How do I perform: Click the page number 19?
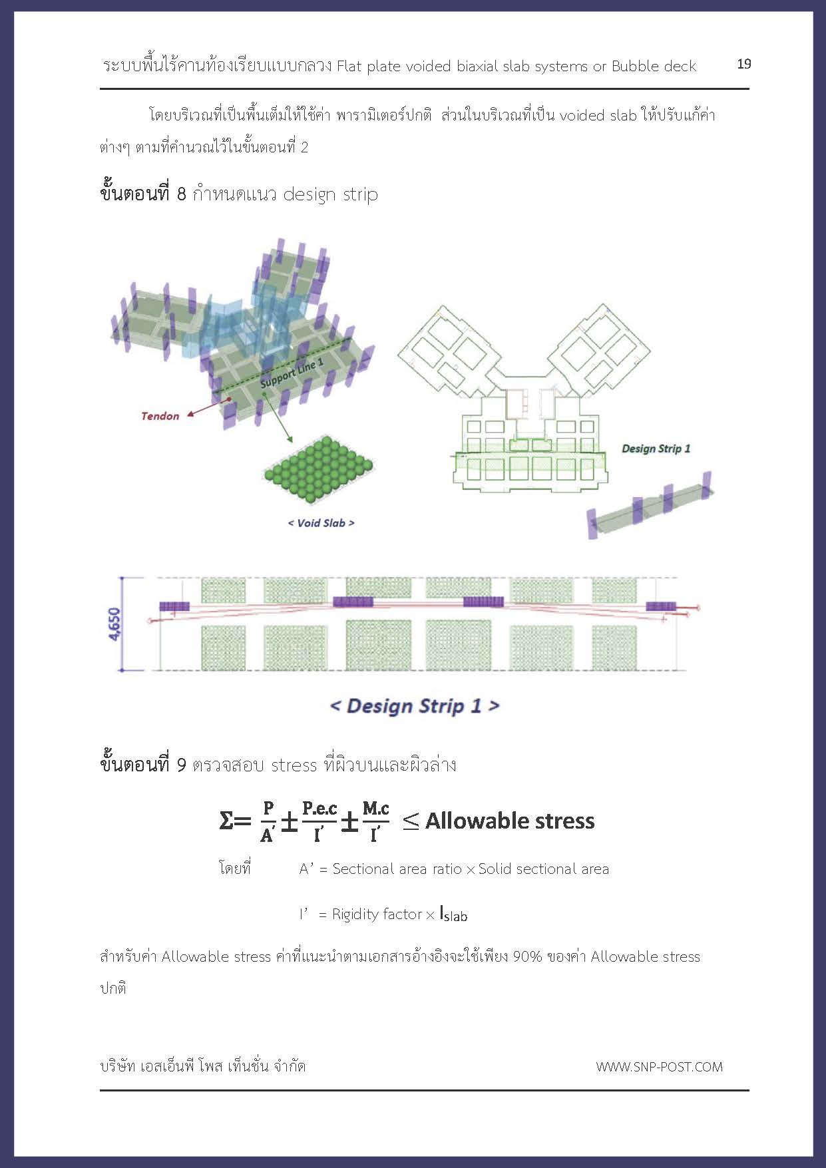[743, 64]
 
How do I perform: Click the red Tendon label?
[160, 416]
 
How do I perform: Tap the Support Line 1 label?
[292, 373]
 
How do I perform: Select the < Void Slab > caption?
[321, 523]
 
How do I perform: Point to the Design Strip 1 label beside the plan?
[656, 449]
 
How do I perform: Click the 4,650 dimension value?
[114, 624]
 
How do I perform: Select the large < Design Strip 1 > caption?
[414, 706]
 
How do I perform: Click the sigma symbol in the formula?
[227, 821]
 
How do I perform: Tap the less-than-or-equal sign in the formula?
[411, 821]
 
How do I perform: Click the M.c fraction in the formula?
[375, 809]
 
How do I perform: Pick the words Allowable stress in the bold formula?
[510, 821]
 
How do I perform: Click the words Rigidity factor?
[377, 914]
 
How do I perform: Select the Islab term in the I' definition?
[453, 914]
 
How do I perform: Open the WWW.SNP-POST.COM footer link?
[659, 1067]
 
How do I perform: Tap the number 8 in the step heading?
[182, 194]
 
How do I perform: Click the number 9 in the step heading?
[182, 765]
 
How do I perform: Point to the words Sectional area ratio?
[397, 869]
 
